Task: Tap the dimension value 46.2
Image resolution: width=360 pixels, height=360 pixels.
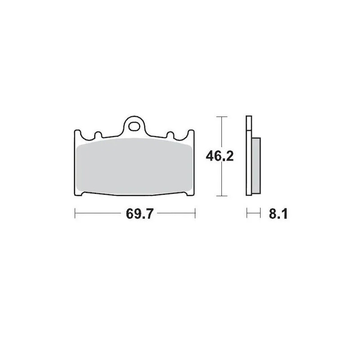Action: pyautogui.click(x=219, y=156)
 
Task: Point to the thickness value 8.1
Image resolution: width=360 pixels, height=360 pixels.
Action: pyautogui.click(x=278, y=214)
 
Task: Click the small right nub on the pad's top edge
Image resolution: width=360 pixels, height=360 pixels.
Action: pyautogui.click(x=171, y=135)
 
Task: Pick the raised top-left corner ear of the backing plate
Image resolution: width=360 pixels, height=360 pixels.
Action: pyautogui.click(x=76, y=133)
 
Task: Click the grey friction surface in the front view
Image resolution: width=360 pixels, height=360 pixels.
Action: pyautogui.click(x=134, y=166)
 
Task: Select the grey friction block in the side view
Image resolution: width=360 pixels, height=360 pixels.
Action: pyautogui.click(x=255, y=164)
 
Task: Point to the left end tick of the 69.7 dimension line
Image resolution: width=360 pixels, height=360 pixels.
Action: pyautogui.click(x=75, y=214)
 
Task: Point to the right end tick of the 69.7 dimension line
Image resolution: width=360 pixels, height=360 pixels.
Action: pyautogui.click(x=194, y=214)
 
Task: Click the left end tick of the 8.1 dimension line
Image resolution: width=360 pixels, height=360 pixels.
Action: pyautogui.click(x=247, y=214)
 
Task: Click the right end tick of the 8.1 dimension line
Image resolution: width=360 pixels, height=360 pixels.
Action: pyautogui.click(x=261, y=214)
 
